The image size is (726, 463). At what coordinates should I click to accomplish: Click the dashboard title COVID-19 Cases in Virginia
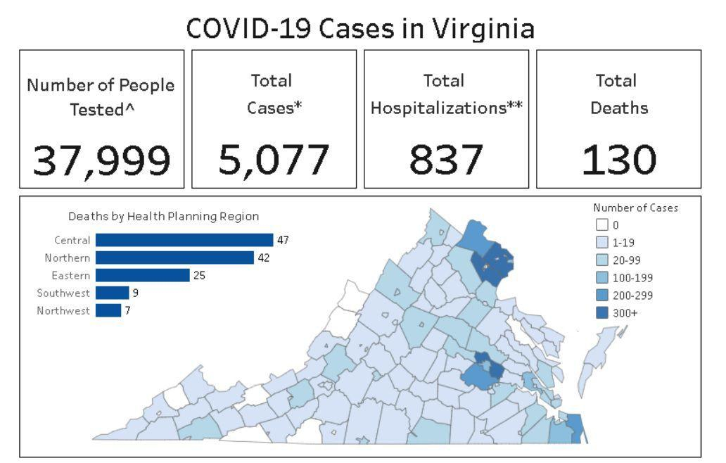pyautogui.click(x=360, y=28)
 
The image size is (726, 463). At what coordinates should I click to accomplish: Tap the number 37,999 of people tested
pyautogui.click(x=102, y=160)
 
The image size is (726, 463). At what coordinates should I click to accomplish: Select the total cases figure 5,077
pyautogui.click(x=274, y=160)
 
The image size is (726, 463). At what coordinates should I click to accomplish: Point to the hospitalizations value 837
pyautogui.click(x=446, y=160)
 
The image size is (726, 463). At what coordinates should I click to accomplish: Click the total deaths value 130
pyautogui.click(x=618, y=160)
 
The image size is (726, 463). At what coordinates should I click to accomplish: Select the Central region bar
pyautogui.click(x=184, y=240)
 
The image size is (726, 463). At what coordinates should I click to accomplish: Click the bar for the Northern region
pyautogui.click(x=174, y=258)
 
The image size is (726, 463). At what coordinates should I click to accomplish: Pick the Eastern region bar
pyautogui.click(x=143, y=275)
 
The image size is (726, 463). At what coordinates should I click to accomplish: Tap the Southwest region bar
pyautogui.click(x=113, y=293)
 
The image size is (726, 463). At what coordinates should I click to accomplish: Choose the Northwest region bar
pyautogui.click(x=108, y=310)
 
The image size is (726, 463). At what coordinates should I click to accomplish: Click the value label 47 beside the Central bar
pyautogui.click(x=283, y=240)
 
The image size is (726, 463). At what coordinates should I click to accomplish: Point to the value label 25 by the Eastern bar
pyautogui.click(x=199, y=275)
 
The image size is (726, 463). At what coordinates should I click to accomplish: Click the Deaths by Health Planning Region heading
pyautogui.click(x=163, y=217)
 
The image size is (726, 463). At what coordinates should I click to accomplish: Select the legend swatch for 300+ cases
pyautogui.click(x=601, y=314)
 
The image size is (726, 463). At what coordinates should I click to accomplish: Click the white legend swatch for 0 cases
pyautogui.click(x=601, y=226)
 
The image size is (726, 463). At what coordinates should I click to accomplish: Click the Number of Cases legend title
pyautogui.click(x=635, y=208)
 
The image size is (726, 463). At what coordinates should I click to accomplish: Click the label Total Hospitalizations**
pyautogui.click(x=446, y=95)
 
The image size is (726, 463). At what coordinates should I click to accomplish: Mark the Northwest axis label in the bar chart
pyautogui.click(x=63, y=310)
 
